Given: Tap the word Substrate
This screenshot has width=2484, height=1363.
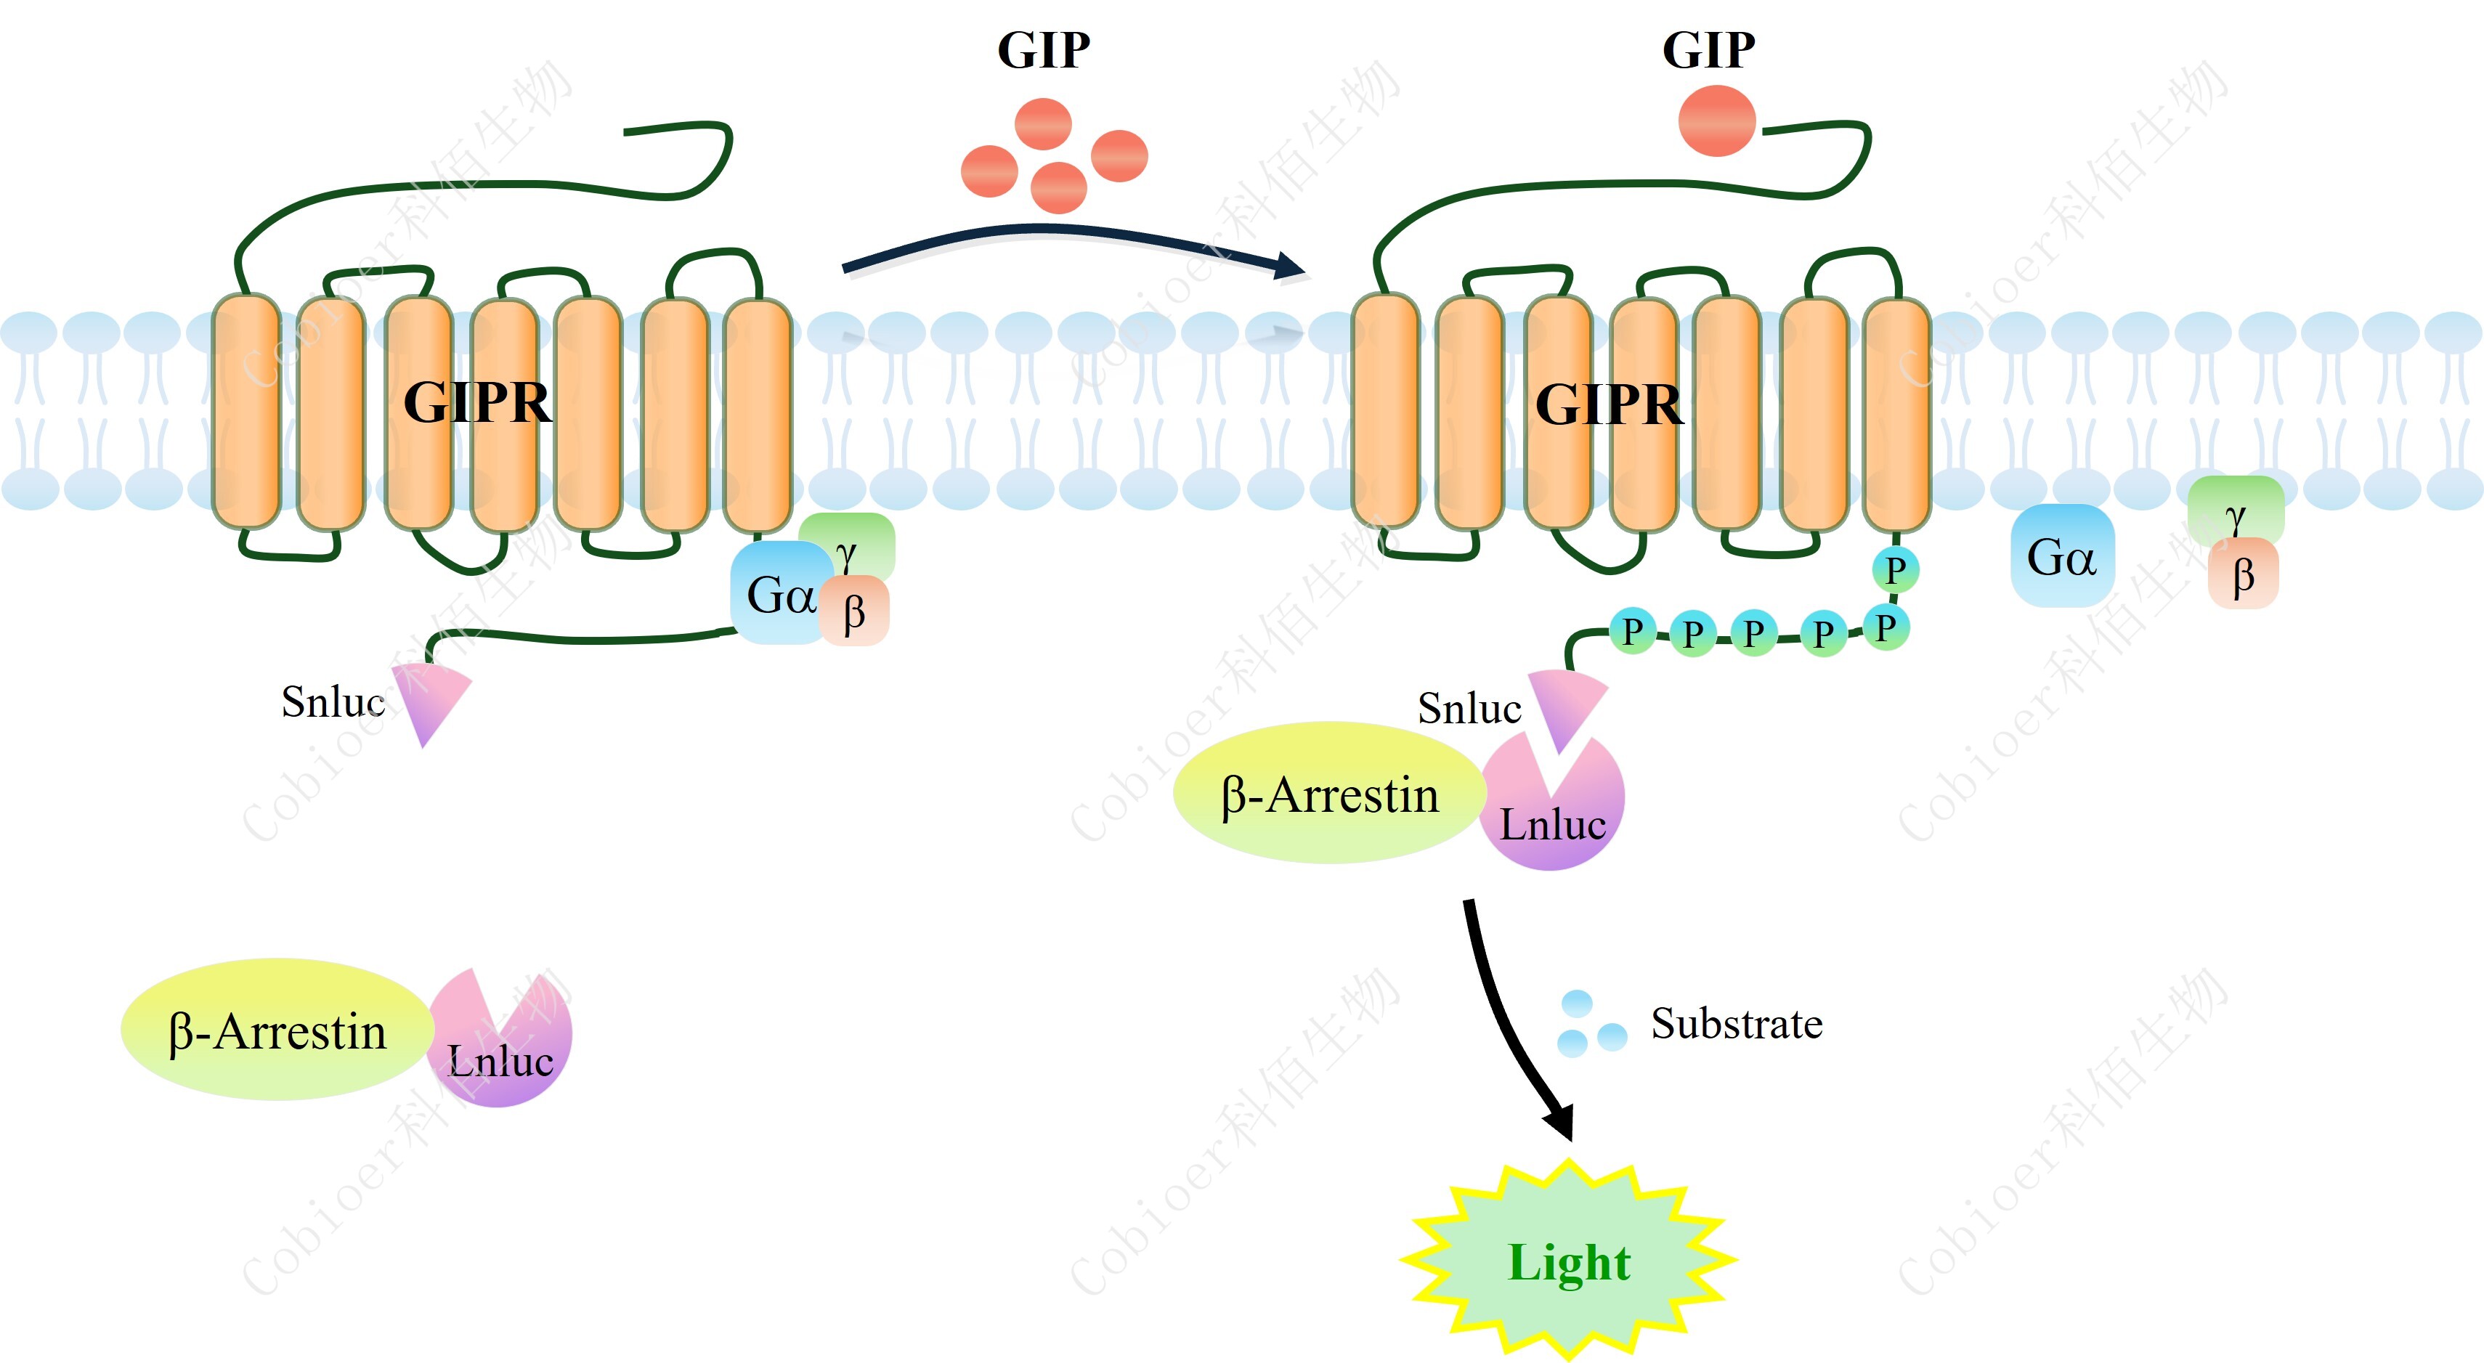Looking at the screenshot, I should pyautogui.click(x=1736, y=1024).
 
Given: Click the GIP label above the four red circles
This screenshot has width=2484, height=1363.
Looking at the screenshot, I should pyautogui.click(x=1044, y=50).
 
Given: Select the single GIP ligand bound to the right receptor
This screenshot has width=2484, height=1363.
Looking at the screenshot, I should pyautogui.click(x=1716, y=121).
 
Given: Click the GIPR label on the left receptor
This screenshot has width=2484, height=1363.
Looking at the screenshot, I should pyautogui.click(x=477, y=402).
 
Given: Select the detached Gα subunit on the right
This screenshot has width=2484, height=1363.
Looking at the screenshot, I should pyautogui.click(x=2061, y=556).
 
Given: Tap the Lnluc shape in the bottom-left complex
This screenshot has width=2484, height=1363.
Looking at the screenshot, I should pyautogui.click(x=501, y=1051).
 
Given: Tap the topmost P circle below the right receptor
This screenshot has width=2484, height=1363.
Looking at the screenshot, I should pyautogui.click(x=1895, y=569).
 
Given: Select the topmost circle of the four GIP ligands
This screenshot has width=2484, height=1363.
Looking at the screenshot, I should pyautogui.click(x=1042, y=123).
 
